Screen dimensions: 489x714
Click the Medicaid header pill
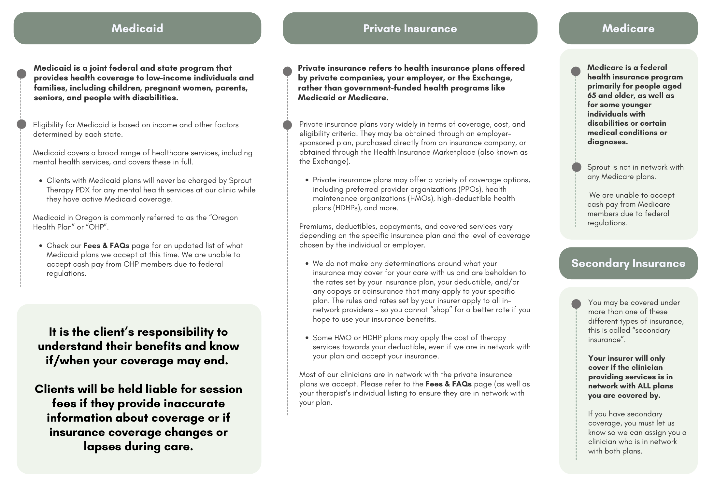tap(137, 28)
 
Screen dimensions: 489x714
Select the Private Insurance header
tap(410, 28)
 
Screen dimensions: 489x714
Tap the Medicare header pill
tap(628, 28)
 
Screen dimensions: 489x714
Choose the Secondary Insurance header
tap(628, 263)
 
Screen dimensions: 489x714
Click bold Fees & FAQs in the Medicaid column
tap(106, 245)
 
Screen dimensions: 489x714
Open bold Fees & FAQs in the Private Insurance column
tap(448, 384)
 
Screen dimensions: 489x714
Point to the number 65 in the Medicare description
tap(592, 95)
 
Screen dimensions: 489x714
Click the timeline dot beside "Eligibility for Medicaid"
tap(21, 124)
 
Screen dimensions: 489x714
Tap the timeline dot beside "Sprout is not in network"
tap(576, 167)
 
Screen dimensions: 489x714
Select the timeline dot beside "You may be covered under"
tap(576, 304)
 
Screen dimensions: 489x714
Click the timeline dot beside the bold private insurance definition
tap(287, 71)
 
